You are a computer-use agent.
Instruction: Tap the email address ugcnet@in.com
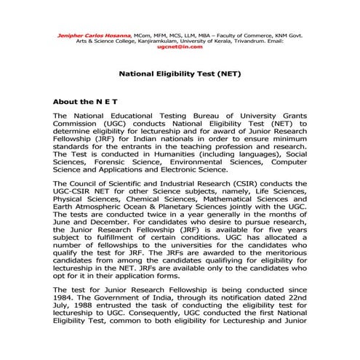click(178, 47)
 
